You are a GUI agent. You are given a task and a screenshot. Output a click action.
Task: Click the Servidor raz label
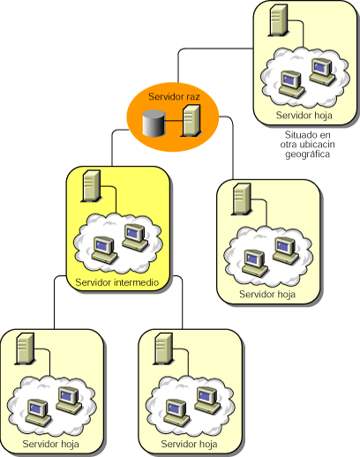tap(174, 96)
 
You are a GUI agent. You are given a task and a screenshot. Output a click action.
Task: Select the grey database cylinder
tap(154, 124)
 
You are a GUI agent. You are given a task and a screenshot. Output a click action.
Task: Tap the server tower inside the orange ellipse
tap(191, 121)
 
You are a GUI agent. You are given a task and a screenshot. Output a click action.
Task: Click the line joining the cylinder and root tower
tap(174, 120)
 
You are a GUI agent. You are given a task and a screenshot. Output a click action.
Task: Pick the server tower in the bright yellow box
tap(91, 186)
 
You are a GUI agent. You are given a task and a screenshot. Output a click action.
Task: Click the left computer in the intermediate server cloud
tap(104, 250)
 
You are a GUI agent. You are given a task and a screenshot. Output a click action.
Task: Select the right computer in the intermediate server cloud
tap(135, 237)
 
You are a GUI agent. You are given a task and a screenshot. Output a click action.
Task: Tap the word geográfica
tap(307, 154)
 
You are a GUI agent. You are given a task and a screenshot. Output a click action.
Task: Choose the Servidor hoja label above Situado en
tap(304, 115)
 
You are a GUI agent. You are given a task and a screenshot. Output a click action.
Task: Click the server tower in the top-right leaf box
tap(278, 20)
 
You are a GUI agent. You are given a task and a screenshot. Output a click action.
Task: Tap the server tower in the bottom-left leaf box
tap(25, 349)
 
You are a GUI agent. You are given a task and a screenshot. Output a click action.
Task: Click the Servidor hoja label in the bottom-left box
tap(50, 444)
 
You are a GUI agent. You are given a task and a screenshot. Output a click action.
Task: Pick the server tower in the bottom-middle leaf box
tap(163, 349)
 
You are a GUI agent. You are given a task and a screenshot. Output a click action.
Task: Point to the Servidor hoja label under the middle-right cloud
tap(267, 294)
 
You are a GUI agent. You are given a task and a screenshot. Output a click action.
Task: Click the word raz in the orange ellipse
tap(193, 97)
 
